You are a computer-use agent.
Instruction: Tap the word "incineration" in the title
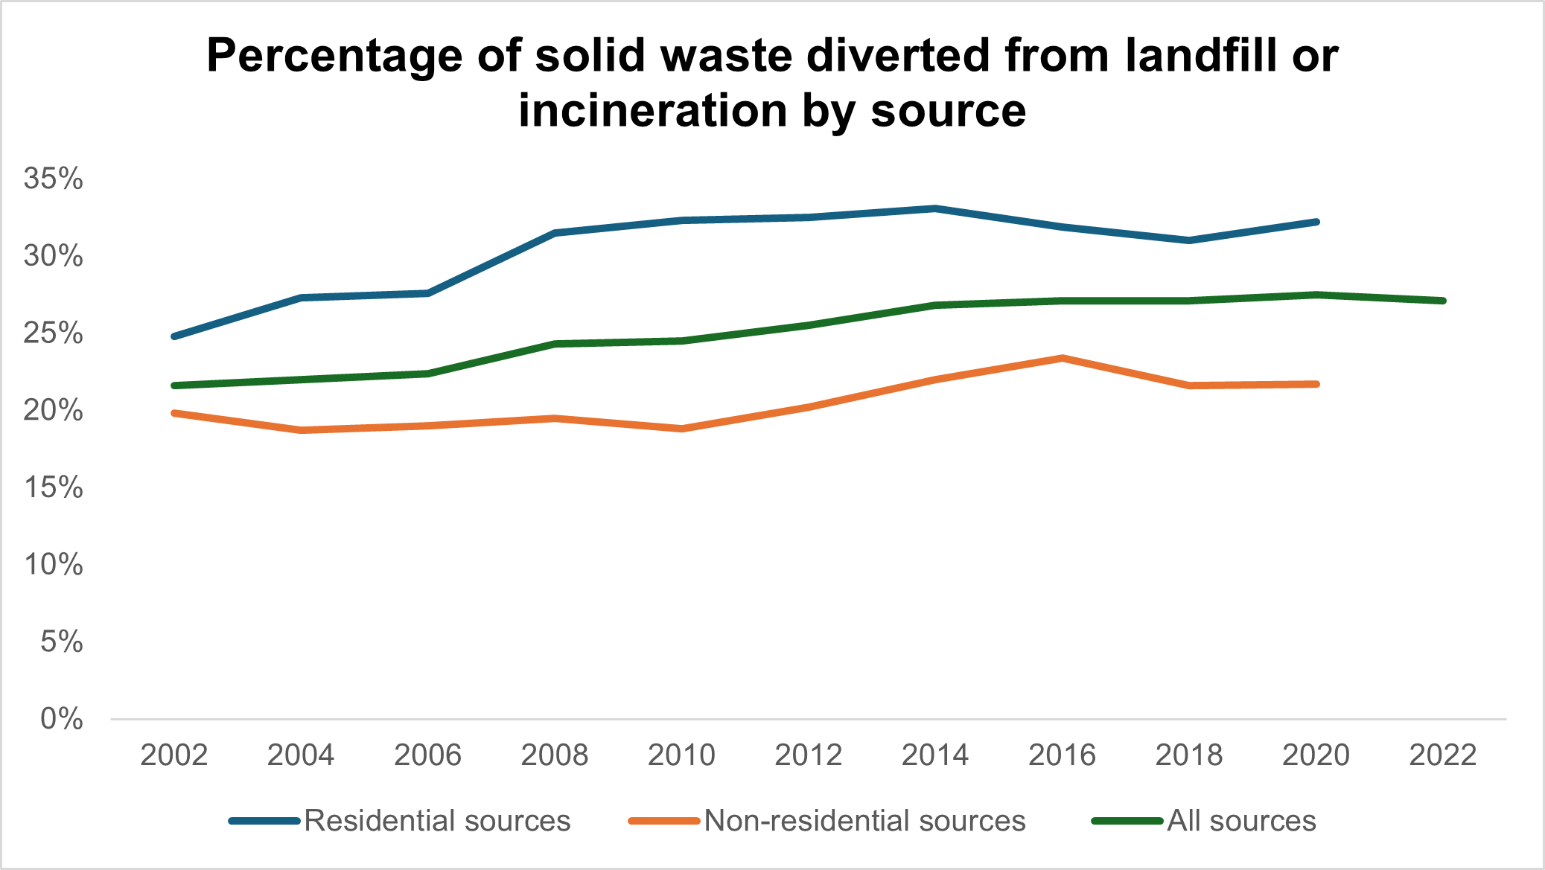coord(652,111)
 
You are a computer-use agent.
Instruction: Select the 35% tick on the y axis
coord(54,179)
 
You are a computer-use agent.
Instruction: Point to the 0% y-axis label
coord(62,719)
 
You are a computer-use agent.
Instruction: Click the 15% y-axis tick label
coord(54,487)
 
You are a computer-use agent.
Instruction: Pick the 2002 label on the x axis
coord(174,755)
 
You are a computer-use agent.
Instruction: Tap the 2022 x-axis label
coord(1443,755)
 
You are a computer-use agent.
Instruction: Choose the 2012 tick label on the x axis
coord(809,755)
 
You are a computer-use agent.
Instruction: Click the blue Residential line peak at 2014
coord(935,208)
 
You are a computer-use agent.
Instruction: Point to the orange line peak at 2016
coord(1063,358)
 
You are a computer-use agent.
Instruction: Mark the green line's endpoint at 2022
coord(1443,301)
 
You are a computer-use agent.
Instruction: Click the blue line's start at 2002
coord(174,336)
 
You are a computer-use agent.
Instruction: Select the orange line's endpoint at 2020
coord(1316,384)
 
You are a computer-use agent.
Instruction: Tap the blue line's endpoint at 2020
coord(1316,222)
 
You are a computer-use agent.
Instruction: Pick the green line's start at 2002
coord(174,386)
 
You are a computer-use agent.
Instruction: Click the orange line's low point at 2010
coord(682,429)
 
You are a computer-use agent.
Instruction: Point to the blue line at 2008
coord(555,233)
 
